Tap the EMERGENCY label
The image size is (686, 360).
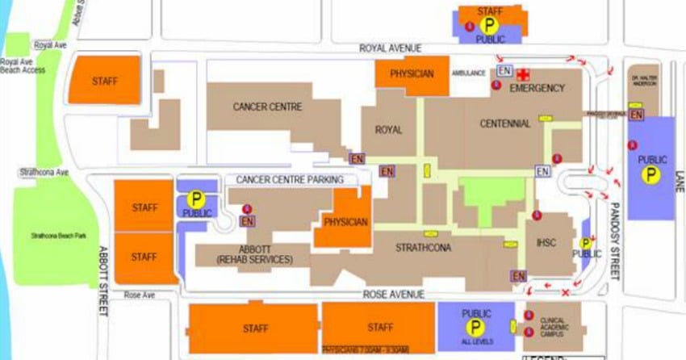[538, 87]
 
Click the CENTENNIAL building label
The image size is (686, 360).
[505, 123]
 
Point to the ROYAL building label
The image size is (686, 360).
[387, 129]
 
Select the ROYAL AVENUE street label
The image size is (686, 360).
[391, 48]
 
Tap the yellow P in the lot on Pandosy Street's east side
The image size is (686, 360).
[651, 174]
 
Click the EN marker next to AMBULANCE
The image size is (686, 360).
[504, 71]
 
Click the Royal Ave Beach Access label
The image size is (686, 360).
[23, 65]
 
